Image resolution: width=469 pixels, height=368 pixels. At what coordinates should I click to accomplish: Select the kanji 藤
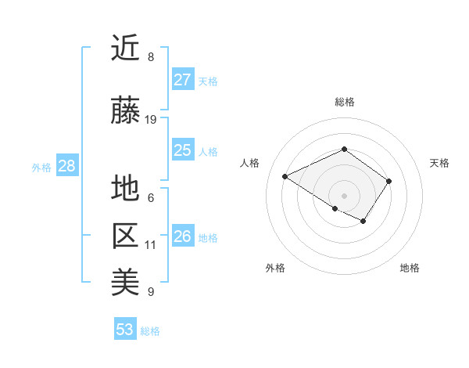coord(125,111)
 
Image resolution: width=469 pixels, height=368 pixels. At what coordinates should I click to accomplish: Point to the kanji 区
coord(125,236)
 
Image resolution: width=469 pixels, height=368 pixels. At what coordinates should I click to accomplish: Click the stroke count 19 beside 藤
coord(151,120)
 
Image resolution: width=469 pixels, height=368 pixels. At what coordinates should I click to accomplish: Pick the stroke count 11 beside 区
coord(150,245)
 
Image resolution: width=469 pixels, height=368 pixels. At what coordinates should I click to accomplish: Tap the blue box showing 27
coord(182,80)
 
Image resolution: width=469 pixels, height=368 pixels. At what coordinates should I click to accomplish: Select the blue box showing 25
coord(182,150)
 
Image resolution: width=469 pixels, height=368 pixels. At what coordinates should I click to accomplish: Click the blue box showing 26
coord(182,236)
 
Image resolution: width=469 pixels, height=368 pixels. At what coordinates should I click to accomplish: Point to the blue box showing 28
coord(66,166)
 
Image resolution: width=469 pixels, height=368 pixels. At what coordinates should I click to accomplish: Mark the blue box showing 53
coord(125,330)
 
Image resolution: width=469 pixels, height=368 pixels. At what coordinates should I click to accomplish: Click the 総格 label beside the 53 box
coord(150,331)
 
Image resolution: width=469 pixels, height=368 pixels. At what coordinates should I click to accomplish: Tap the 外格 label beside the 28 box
coord(41,167)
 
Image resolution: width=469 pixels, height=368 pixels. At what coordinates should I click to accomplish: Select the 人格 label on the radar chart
coord(250,163)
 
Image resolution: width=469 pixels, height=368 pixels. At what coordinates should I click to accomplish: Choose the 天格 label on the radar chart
coord(439,163)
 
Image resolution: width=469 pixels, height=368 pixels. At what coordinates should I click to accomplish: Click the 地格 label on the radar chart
coord(410,268)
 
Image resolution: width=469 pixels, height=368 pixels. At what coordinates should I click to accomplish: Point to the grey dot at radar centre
coord(344,195)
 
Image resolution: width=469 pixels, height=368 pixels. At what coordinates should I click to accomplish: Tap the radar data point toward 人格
coord(285,177)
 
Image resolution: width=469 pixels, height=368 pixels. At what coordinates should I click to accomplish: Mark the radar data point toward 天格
coord(388,181)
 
